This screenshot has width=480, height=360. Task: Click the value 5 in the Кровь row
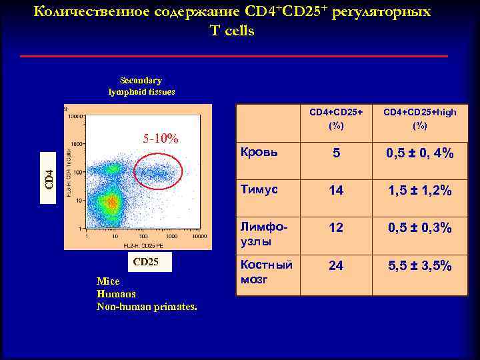click(336, 153)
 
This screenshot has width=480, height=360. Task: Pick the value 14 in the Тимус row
click(336, 191)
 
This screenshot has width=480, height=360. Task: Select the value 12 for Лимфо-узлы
click(336, 228)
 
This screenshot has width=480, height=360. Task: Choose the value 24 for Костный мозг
click(336, 265)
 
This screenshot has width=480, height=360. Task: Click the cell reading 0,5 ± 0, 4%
click(421, 153)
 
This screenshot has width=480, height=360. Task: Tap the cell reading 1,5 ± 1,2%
click(421, 191)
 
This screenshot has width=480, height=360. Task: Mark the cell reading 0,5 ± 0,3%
click(421, 228)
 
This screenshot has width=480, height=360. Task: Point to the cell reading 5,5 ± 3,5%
click(421, 265)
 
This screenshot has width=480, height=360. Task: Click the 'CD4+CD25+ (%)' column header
click(336, 119)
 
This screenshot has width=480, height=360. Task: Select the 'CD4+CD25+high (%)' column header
click(421, 119)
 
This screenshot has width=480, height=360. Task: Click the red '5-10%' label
click(161, 139)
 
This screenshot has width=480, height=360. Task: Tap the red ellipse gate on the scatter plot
click(157, 172)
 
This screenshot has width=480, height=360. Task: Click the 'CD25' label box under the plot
click(146, 262)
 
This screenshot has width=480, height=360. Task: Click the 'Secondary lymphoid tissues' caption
click(141, 86)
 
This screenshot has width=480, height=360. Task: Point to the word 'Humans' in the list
click(116, 293)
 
